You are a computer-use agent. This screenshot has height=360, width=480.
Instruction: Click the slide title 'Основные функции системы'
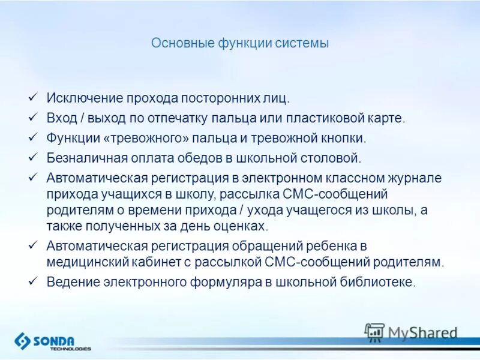click(x=239, y=44)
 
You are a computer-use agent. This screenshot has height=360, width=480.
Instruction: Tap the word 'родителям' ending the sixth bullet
click(x=413, y=262)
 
